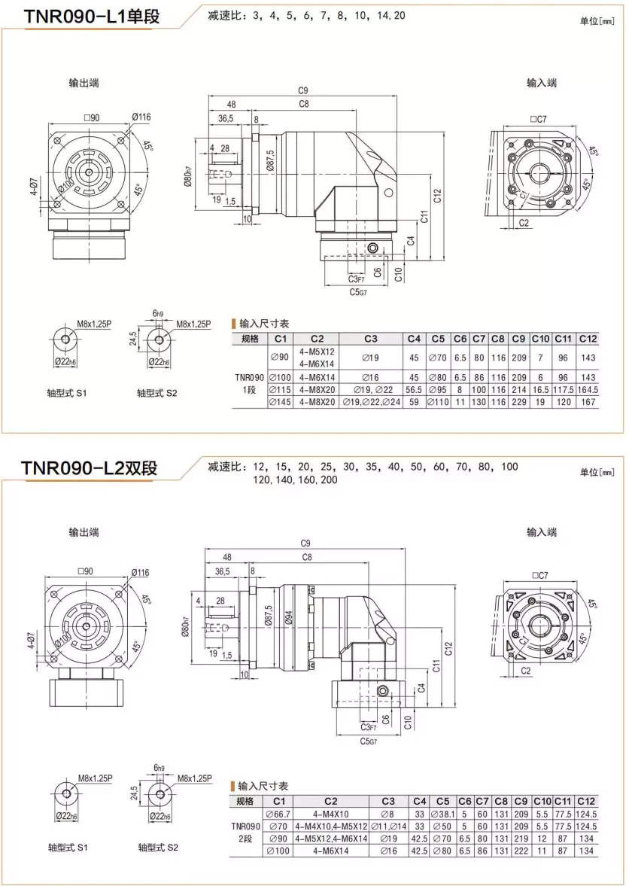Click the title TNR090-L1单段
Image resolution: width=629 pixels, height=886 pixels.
tap(91, 16)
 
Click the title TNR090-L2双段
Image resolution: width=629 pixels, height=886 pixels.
tap(90, 467)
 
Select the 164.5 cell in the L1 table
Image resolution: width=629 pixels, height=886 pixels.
tap(589, 390)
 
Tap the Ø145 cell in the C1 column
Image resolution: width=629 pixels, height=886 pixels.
tap(279, 403)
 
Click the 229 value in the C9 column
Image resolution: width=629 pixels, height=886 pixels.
tap(518, 403)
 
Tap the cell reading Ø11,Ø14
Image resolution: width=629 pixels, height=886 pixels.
tap(388, 826)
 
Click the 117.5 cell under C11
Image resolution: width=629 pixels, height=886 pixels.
tap(564, 390)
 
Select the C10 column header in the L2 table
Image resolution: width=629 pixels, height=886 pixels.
tap(542, 801)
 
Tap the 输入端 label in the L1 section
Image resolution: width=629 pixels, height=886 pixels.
tap(541, 83)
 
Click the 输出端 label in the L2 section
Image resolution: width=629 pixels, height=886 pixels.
tap(83, 532)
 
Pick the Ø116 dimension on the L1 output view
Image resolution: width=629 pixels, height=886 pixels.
tap(141, 117)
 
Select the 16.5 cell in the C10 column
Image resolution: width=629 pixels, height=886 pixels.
tap(540, 390)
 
